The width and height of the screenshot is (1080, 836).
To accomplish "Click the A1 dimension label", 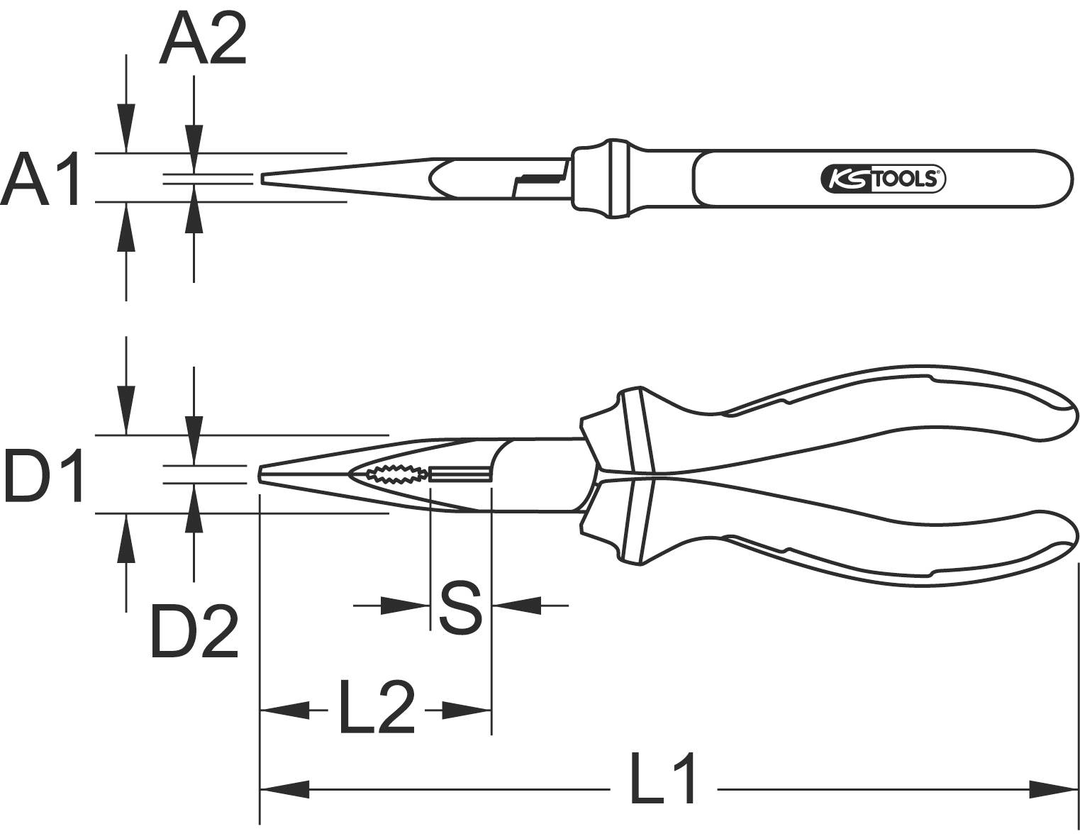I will pyautogui.click(x=41, y=179).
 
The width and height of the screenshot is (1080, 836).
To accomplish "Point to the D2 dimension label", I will pyautogui.click(x=194, y=631).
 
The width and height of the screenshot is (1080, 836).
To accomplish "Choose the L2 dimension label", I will pyautogui.click(x=376, y=708).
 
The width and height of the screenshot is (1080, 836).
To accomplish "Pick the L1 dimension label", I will pyautogui.click(x=664, y=779).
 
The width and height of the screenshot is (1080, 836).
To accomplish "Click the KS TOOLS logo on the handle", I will pyautogui.click(x=883, y=179).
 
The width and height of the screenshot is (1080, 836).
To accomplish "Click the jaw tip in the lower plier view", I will pyautogui.click(x=262, y=474).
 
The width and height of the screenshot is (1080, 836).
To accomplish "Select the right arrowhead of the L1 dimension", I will pyautogui.click(x=1054, y=788).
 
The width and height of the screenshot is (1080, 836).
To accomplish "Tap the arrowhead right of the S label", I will pyautogui.click(x=516, y=606).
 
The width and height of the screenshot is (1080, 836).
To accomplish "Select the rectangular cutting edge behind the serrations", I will pyautogui.click(x=460, y=474).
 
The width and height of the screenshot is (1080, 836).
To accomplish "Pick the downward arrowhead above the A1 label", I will pyautogui.click(x=126, y=128).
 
